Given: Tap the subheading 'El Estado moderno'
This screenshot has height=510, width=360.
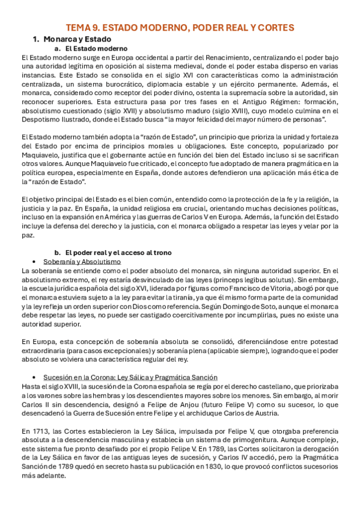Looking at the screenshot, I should click(95, 48).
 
